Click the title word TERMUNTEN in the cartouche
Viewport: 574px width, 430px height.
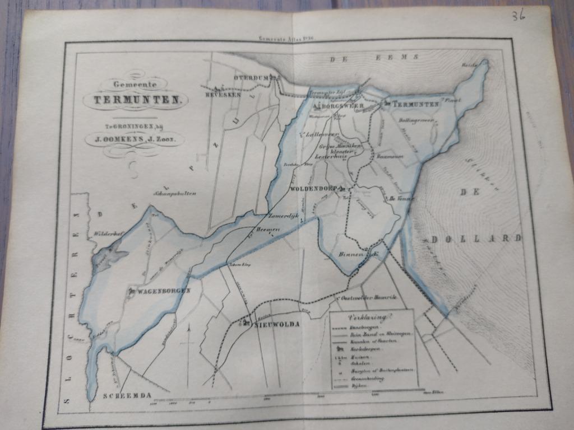(136, 101)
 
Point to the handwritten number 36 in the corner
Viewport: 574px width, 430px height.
(517, 15)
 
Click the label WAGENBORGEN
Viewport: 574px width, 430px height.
(164, 291)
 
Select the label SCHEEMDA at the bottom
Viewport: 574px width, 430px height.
(127, 395)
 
